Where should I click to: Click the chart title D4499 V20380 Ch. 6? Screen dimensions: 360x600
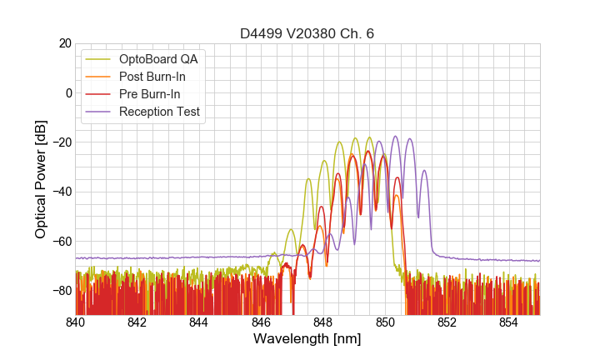[307, 33]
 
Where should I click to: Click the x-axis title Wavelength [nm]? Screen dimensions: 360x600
[307, 340]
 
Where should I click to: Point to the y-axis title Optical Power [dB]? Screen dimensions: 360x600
[40, 179]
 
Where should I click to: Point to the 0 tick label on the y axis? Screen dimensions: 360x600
[68, 92]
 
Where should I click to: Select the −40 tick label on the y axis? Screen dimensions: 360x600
[62, 192]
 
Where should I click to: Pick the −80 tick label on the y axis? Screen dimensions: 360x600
[62, 291]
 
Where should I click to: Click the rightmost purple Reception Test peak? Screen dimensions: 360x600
[424, 171]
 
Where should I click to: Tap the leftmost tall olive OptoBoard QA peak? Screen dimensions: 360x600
[308, 179]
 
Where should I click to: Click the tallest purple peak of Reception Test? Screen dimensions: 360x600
[396, 137]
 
